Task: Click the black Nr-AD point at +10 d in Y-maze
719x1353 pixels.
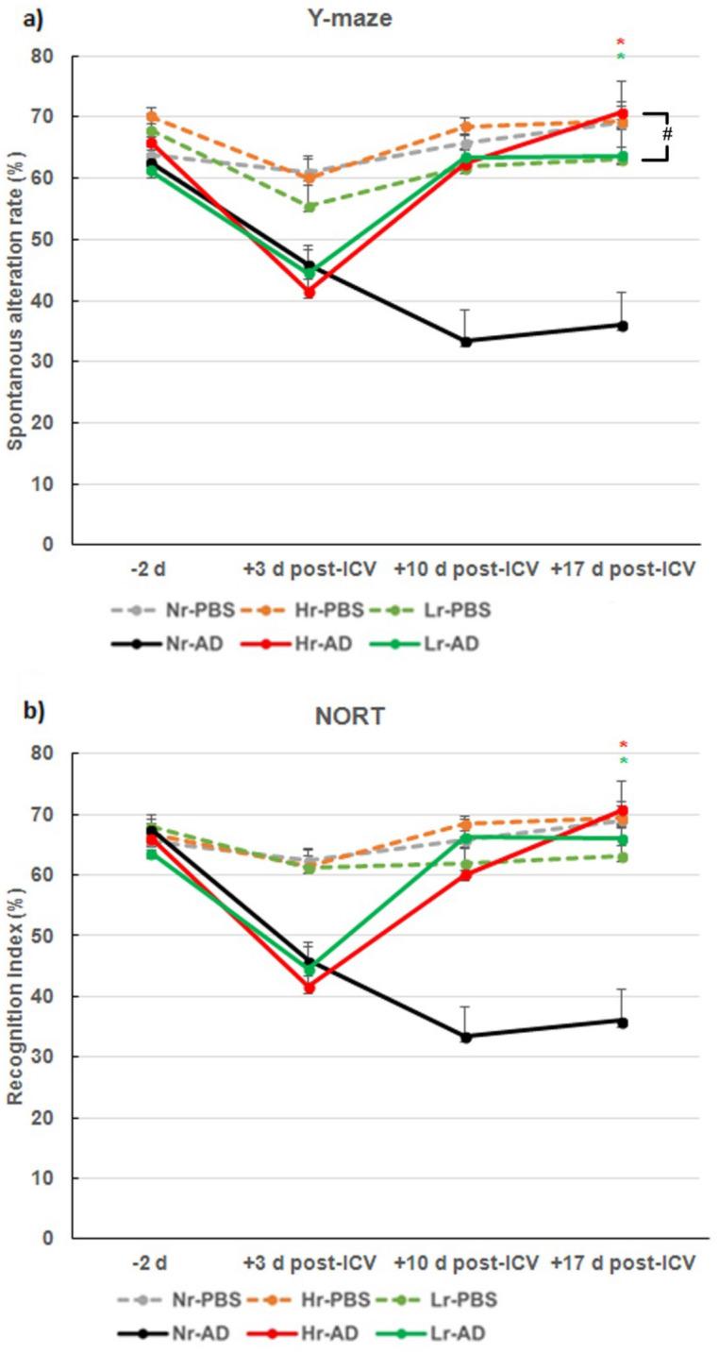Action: click(466, 341)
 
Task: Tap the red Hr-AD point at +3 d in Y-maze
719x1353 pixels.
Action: click(309, 292)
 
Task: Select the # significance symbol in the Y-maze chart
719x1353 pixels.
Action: click(666, 134)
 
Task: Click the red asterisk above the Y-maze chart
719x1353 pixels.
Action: click(620, 42)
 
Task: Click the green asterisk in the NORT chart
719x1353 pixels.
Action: click(620, 762)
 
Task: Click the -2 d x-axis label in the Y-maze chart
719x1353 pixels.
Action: click(152, 569)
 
